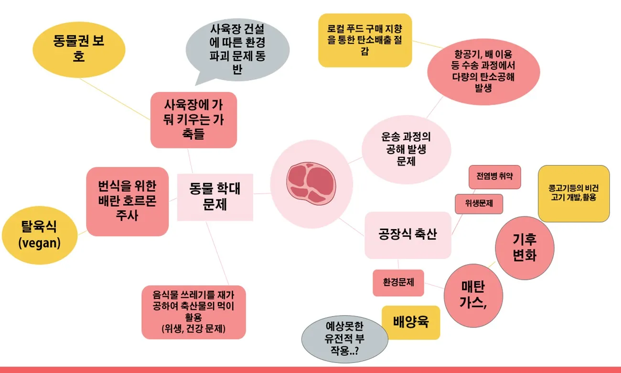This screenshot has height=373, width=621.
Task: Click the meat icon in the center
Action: [311, 183]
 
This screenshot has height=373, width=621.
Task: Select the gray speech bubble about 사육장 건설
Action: [237, 49]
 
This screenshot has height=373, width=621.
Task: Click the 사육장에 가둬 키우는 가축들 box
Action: [193, 120]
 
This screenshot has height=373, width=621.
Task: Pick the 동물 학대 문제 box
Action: [215, 197]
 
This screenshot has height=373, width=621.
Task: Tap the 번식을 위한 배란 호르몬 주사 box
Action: [127, 201]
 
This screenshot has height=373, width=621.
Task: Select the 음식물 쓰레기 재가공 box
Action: [194, 312]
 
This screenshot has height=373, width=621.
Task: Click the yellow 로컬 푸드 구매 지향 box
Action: [364, 40]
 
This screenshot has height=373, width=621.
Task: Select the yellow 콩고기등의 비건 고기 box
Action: [573, 193]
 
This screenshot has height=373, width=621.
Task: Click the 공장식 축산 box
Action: [407, 235]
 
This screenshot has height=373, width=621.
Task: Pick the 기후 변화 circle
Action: [525, 248]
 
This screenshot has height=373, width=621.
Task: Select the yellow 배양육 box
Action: [411, 322]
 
